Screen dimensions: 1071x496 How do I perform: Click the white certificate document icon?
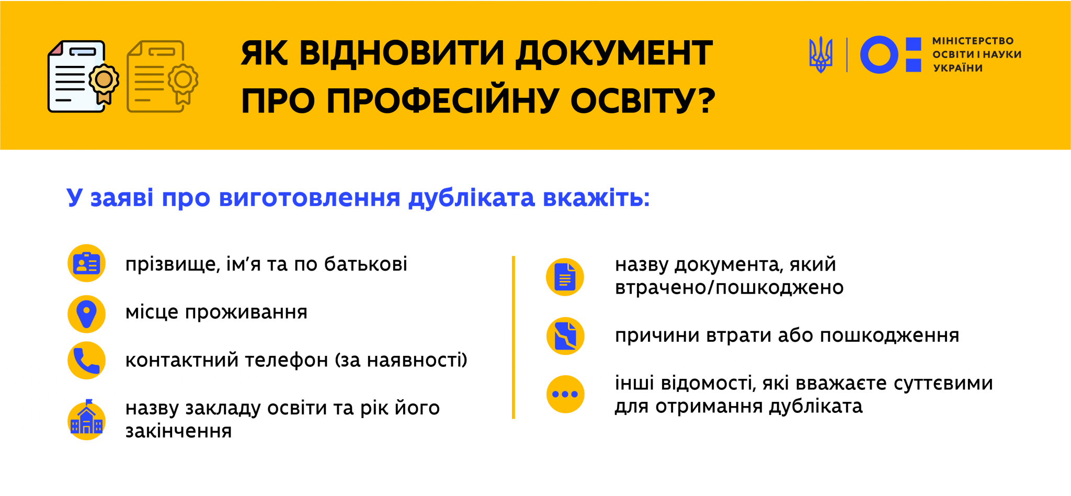(83, 76)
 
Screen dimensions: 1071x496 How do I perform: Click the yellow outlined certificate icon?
(162, 76)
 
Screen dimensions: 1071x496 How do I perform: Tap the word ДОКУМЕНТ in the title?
(614, 53)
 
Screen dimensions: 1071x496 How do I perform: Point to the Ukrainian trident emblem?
(821, 54)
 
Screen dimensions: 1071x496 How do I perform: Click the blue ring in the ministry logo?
(879, 54)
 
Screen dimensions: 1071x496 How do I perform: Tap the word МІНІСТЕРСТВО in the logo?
(973, 41)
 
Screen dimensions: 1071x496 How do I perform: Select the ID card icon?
(87, 263)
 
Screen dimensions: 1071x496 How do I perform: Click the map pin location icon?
(87, 314)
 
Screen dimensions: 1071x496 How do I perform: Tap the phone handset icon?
(87, 360)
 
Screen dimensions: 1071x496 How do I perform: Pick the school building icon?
(87, 420)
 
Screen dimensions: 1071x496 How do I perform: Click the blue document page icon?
(565, 277)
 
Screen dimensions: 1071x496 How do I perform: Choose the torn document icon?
(565, 336)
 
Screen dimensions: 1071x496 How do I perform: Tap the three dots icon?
(565, 394)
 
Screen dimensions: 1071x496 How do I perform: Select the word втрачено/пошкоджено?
(729, 288)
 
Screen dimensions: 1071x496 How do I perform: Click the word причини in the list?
(657, 336)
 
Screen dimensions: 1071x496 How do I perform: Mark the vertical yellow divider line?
(514, 337)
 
